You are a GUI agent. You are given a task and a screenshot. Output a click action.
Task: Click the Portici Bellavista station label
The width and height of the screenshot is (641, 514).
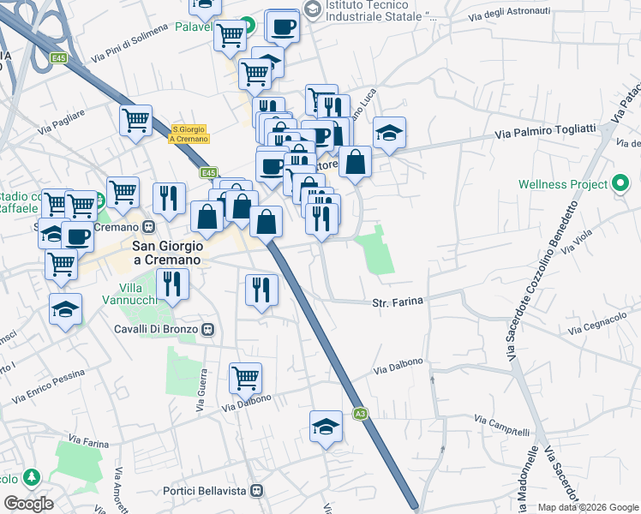pyautogui.click(x=211, y=491)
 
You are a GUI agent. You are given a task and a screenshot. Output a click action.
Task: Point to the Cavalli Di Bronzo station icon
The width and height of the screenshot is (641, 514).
pyautogui.click(x=207, y=329)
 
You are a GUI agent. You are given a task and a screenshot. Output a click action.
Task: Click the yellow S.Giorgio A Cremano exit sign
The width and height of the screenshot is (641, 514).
pyautogui.click(x=189, y=134)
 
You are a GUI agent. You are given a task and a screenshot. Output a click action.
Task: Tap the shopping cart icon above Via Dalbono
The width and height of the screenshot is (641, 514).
pyautogui.click(x=245, y=376)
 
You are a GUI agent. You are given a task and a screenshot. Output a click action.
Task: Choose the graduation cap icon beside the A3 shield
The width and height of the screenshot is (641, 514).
pyautogui.click(x=326, y=426)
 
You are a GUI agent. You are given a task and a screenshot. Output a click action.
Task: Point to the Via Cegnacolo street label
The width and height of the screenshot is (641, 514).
pyautogui.click(x=596, y=324)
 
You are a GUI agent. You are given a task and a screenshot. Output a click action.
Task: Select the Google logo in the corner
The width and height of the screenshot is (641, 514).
pyautogui.click(x=28, y=503)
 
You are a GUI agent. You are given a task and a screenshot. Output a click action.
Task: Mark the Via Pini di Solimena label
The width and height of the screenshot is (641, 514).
pyautogui.click(x=133, y=42)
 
